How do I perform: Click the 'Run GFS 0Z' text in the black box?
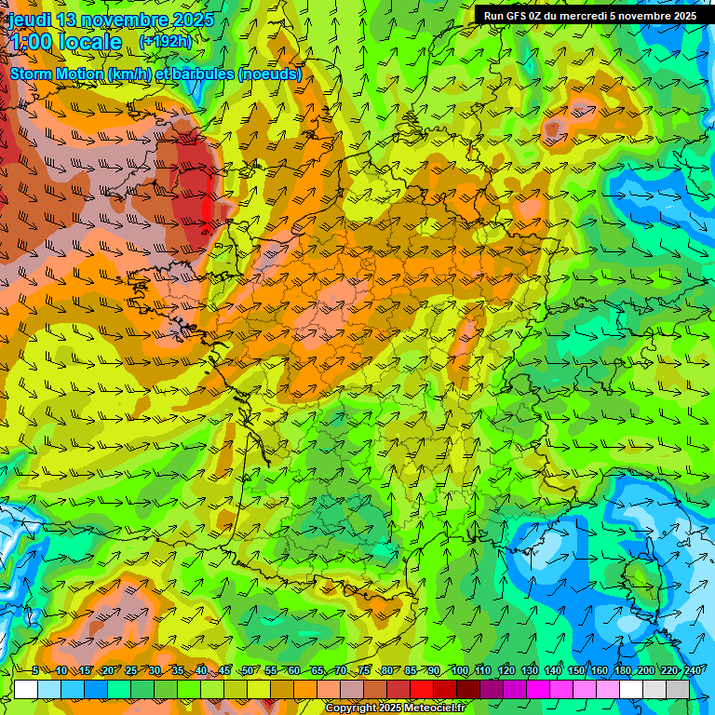click(x=514, y=16)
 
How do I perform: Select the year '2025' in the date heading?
click(x=191, y=19)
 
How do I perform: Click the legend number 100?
click(x=460, y=670)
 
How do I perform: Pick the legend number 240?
click(x=693, y=670)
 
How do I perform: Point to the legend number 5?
click(x=35, y=670)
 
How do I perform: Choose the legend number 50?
click(x=247, y=670)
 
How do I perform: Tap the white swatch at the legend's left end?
click(x=25, y=689)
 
